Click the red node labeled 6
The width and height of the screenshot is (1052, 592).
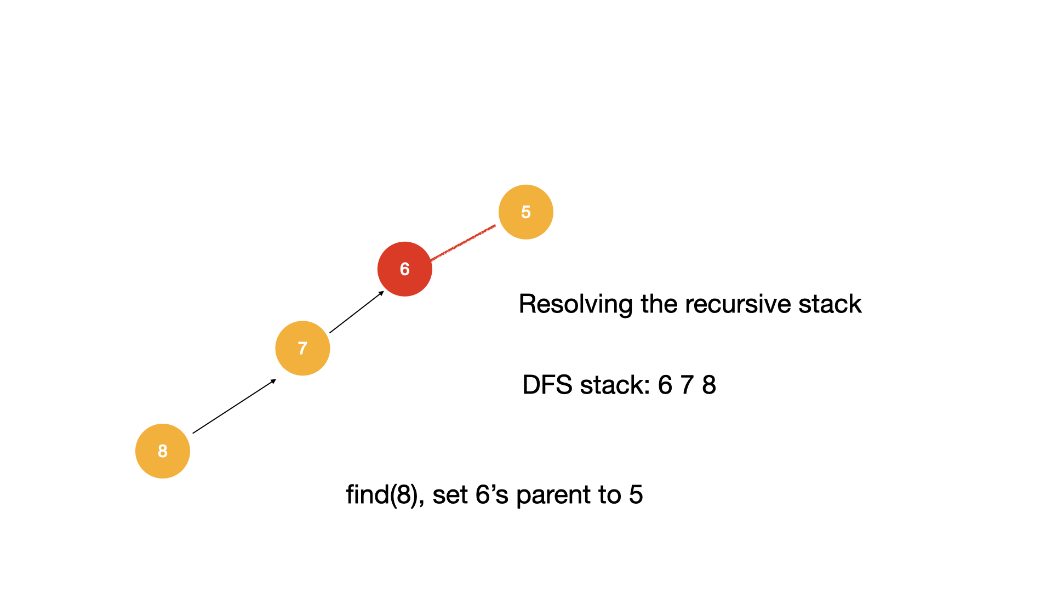point(404,269)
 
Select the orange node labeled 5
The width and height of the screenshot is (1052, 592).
point(525,212)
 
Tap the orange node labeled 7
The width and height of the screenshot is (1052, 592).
point(302,348)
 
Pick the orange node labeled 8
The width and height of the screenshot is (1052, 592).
point(163,451)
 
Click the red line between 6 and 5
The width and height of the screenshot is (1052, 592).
point(463,242)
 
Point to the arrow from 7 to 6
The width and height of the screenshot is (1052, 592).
point(356,312)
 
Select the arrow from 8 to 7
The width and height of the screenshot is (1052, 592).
point(234,406)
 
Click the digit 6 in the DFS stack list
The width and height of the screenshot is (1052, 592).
point(665,385)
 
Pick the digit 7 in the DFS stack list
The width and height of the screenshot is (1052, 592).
point(687,385)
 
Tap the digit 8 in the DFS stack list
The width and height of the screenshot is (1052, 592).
point(709,385)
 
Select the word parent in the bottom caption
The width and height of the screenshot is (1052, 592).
point(553,495)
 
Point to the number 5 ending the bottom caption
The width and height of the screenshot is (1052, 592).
point(636,495)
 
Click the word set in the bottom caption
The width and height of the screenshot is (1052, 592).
point(449,495)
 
